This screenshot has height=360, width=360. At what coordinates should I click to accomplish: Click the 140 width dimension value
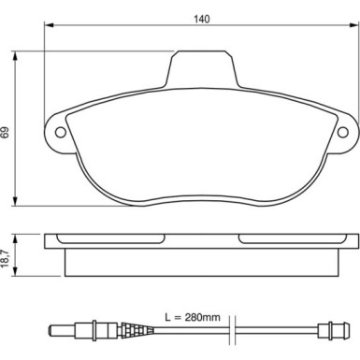pyautogui.click(x=202, y=19)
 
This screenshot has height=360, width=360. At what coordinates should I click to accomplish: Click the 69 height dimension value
pyautogui.click(x=6, y=132)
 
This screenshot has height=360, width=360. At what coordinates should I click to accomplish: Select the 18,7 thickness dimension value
pyautogui.click(x=6, y=258)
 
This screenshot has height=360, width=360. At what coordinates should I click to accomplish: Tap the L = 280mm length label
pyautogui.click(x=193, y=317)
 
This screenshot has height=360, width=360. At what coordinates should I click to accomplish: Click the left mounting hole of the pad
pyautogui.click(x=61, y=132)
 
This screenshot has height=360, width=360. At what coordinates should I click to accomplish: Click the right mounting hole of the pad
pyautogui.click(x=343, y=133)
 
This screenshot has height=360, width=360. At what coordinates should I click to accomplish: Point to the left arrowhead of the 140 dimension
pyautogui.click(x=50, y=25)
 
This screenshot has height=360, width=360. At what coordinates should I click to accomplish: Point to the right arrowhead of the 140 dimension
pyautogui.click(x=354, y=25)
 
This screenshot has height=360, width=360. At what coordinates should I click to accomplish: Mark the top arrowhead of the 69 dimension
pyautogui.click(x=15, y=57)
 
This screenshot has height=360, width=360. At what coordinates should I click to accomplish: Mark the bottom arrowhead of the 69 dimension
pyautogui.click(x=15, y=200)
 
